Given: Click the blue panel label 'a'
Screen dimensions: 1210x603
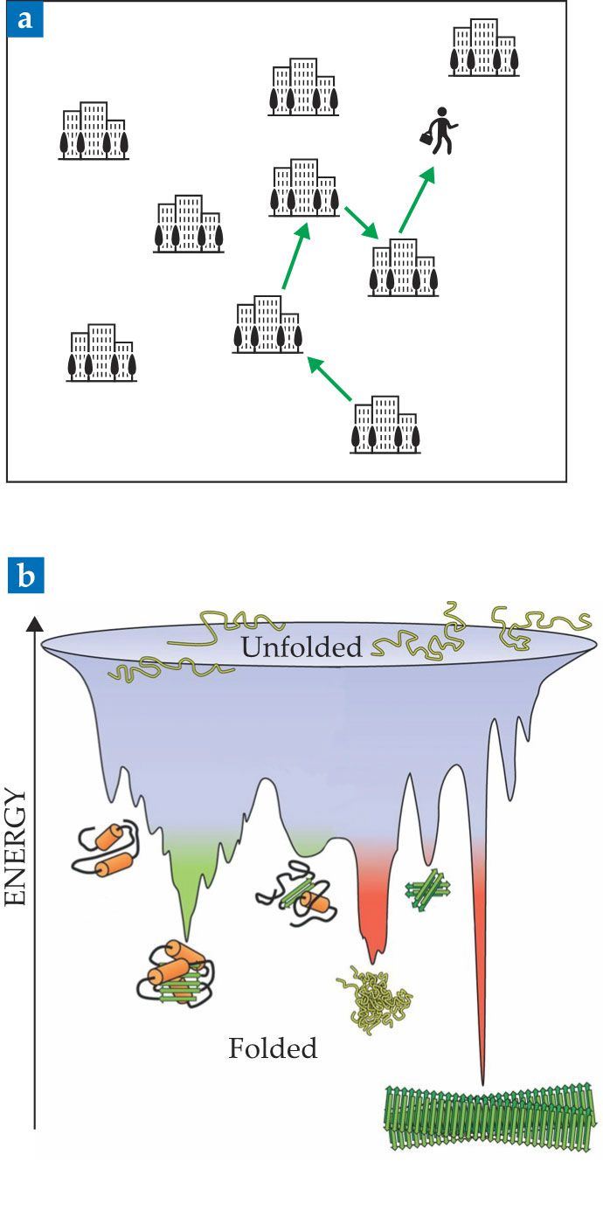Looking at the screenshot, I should [22, 19].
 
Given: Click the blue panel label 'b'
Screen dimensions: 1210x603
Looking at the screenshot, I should [23, 578].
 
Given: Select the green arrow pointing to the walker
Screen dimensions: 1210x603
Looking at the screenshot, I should [416, 200].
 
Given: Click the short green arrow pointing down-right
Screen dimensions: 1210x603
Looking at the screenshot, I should [360, 223].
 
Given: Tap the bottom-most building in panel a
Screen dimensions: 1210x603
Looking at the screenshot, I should [385, 425].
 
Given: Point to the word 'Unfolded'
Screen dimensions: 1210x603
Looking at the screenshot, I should [301, 647].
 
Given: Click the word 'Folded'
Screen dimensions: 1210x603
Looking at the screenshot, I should [273, 1048].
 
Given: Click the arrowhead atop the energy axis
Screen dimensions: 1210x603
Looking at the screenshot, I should [35, 623].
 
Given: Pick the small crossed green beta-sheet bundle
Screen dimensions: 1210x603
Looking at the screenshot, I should [427, 891].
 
